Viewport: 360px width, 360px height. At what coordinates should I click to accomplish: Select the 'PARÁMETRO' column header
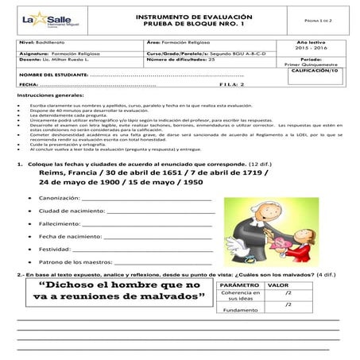239,285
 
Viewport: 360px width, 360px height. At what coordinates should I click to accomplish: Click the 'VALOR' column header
279,285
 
